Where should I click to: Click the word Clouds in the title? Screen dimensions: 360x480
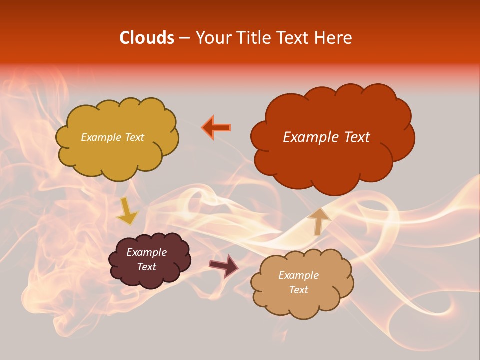146,38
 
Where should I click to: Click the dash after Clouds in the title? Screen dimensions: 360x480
184,38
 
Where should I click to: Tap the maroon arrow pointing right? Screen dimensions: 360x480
224,265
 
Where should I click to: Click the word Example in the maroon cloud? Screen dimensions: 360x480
147,252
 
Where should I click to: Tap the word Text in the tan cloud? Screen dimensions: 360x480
299,290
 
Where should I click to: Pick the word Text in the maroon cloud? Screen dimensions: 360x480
147,267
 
